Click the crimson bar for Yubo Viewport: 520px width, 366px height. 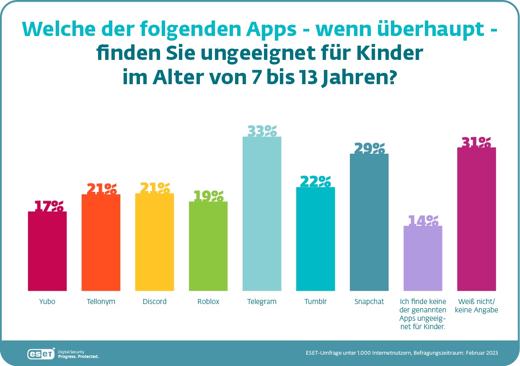[x=47, y=251]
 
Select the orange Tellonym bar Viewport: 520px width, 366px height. [x=101, y=242]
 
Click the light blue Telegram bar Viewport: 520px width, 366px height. [x=262, y=214]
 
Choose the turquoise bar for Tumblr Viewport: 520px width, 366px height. [x=316, y=239]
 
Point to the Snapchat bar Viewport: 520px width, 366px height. [x=369, y=222]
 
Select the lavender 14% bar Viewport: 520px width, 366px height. [x=423, y=258]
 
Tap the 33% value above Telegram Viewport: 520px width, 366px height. [x=262, y=131]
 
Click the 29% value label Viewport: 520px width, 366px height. [x=369, y=148]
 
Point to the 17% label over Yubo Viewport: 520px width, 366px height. [x=47, y=206]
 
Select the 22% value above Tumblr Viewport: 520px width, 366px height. [x=316, y=181]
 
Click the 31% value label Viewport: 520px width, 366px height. [x=476, y=142]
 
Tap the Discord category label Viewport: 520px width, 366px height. [x=154, y=302]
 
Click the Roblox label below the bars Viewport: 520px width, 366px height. [x=208, y=302]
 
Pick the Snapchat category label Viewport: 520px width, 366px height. [x=369, y=302]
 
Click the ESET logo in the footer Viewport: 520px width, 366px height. [x=41, y=354]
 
